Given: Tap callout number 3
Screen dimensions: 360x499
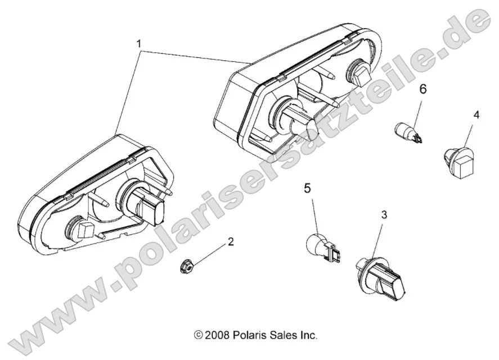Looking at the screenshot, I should coord(384,214).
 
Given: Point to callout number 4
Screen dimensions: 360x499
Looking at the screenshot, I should coord(476,115).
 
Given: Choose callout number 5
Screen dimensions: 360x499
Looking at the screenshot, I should coord(307,188).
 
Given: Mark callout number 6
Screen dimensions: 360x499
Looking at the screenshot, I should coord(423,88).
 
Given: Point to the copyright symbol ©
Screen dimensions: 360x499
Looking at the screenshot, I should coord(198,335).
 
